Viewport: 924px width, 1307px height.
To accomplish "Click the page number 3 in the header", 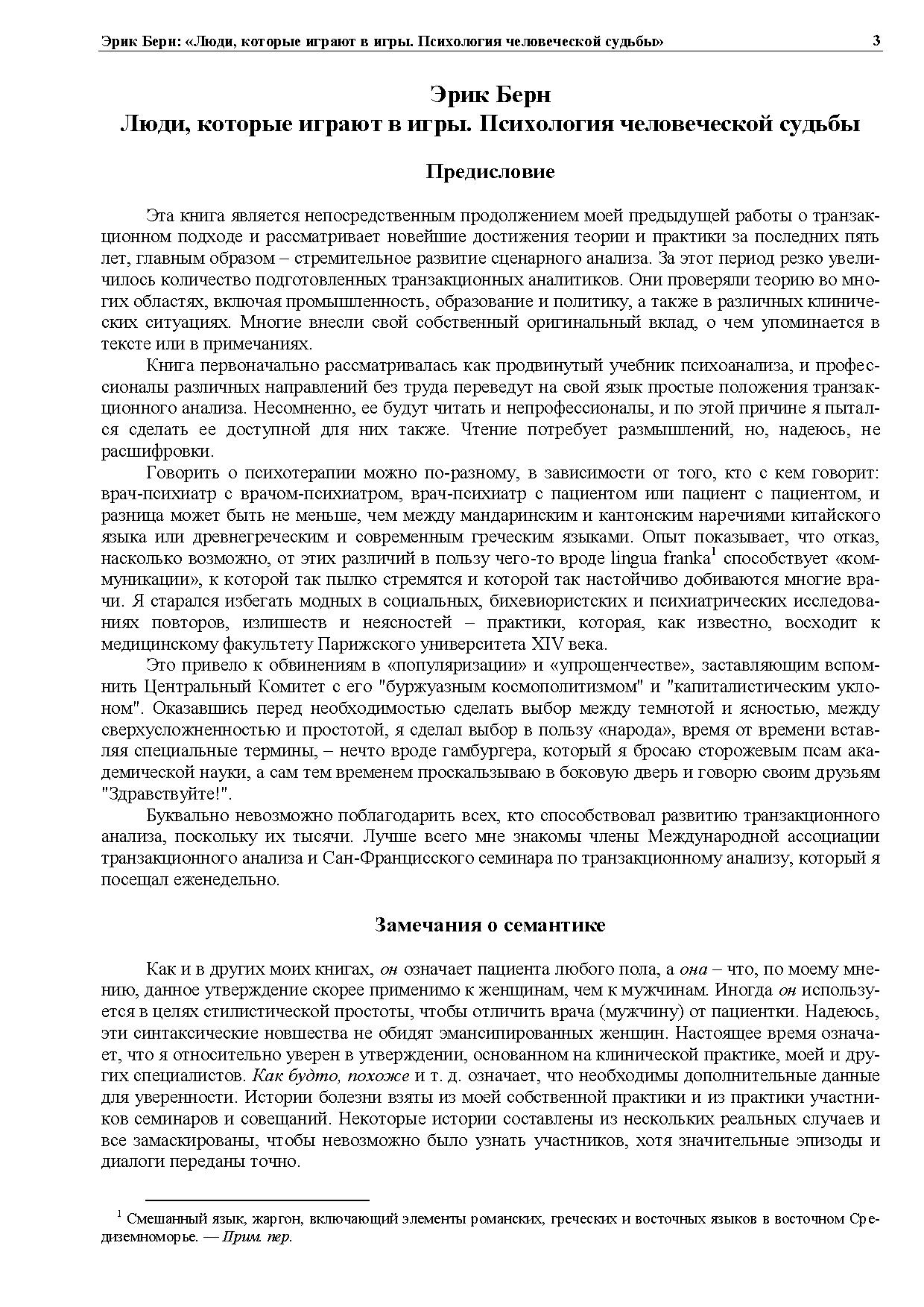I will pyautogui.click(x=876, y=41).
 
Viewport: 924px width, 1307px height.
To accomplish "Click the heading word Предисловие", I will pyautogui.click(x=490, y=172).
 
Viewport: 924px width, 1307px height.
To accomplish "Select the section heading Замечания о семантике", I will pyautogui.click(x=490, y=925).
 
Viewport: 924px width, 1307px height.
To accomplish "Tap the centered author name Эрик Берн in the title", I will pyautogui.click(x=490, y=95).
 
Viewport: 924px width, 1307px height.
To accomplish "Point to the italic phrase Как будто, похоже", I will pyautogui.click(x=332, y=1077).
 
